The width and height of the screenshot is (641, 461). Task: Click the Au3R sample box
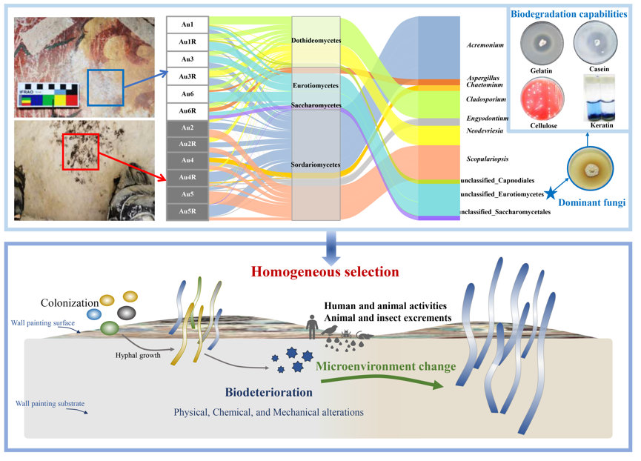click(x=187, y=76)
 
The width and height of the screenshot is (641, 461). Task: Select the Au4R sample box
click(x=187, y=178)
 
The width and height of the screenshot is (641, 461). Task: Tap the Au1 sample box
click(x=187, y=25)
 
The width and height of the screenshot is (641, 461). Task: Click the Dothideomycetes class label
click(x=316, y=41)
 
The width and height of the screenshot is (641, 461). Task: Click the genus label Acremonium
click(x=485, y=45)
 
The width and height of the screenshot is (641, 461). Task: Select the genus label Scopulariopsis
click(x=488, y=159)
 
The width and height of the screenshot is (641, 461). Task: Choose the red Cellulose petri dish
click(x=542, y=98)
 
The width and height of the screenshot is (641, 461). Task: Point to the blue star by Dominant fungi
click(x=551, y=193)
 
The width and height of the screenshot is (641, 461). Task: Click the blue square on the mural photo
click(x=104, y=87)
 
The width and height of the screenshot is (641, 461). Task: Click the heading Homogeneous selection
click(x=325, y=272)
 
